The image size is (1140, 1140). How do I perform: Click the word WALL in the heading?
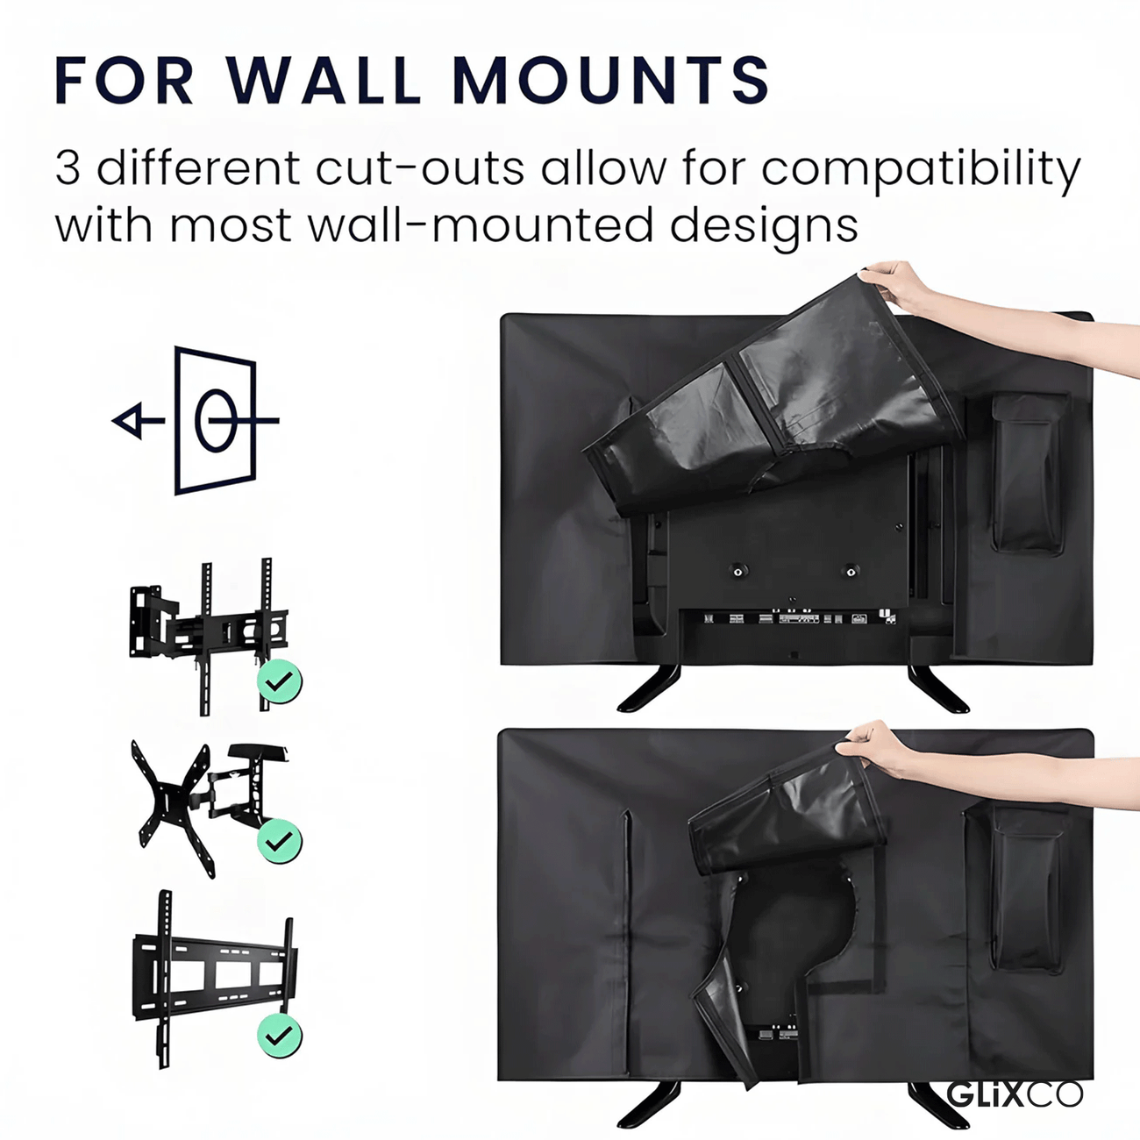(323, 81)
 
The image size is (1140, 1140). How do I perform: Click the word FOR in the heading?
(124, 81)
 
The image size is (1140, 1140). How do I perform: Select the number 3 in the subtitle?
(68, 168)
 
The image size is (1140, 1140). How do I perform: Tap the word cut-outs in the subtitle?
(419, 168)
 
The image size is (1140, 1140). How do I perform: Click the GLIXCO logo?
(1015, 1095)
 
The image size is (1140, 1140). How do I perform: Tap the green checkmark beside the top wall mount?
(279, 681)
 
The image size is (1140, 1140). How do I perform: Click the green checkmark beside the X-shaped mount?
(279, 841)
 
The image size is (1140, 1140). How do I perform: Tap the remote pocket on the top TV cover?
(1029, 474)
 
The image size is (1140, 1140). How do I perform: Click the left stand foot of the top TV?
(649, 688)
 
